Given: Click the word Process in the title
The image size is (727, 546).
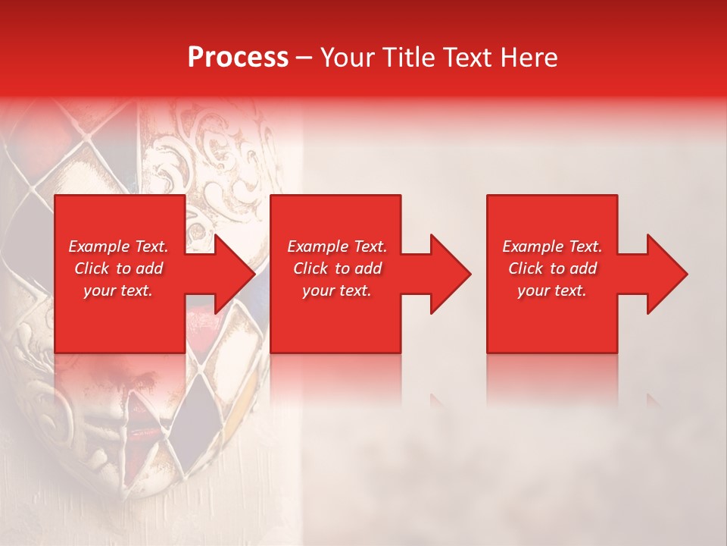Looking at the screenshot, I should [238, 57].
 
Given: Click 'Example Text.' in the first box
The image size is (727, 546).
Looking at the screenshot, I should [118, 246].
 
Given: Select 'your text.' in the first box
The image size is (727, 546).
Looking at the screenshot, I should [118, 290].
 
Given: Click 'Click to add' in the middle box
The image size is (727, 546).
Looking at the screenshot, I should [337, 268].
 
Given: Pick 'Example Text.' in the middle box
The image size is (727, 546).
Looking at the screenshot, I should [337, 246].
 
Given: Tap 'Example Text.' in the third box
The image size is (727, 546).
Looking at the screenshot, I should [552, 246].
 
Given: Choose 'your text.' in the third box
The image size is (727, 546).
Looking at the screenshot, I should [552, 290].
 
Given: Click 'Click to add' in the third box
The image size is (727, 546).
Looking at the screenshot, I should [552, 268].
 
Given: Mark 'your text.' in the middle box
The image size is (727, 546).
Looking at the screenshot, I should [337, 290].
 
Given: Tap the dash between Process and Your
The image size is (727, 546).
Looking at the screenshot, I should [304, 58].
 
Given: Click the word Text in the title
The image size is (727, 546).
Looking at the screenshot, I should [466, 57].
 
